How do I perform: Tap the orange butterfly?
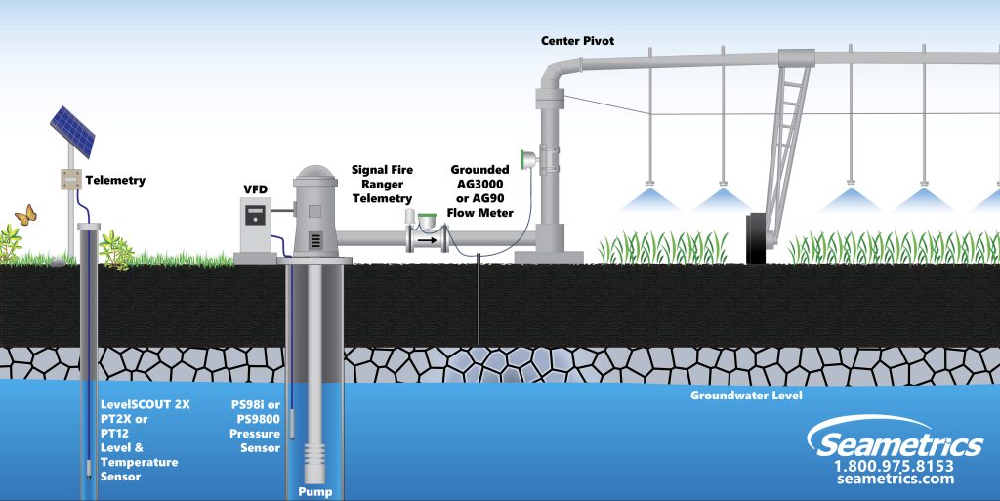coord(25,214)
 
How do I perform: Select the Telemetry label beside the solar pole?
coord(115,180)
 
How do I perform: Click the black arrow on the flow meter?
coord(427,237)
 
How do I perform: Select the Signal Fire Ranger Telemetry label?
coord(382,184)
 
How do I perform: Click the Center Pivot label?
coord(578,40)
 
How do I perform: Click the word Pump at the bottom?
coord(314,491)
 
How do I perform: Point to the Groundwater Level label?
coord(746,396)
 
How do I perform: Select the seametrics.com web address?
coord(896,480)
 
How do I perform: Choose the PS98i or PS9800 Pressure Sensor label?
coord(255,425)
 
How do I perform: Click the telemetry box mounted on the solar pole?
coord(71,179)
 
